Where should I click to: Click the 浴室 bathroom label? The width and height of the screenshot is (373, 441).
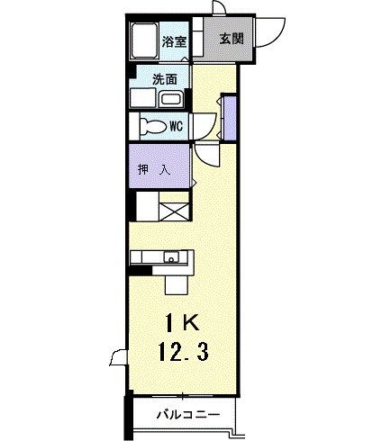[174, 41]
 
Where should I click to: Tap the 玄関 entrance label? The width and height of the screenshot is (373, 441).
[232, 39]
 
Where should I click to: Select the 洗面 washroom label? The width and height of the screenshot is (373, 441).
[165, 79]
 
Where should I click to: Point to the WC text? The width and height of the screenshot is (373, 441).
[177, 126]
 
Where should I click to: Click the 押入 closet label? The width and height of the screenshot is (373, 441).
[154, 170]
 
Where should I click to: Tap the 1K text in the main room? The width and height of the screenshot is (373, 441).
[182, 324]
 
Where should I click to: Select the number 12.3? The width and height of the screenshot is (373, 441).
[184, 352]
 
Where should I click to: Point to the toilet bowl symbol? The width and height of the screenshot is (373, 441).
[153, 126]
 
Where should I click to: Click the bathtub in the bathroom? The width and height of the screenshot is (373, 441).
[144, 41]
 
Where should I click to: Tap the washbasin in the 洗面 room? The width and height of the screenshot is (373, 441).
[171, 99]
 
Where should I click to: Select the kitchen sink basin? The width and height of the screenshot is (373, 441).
[171, 257]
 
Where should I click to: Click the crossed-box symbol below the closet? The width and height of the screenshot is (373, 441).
[174, 211]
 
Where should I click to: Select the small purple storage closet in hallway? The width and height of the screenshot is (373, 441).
[231, 118]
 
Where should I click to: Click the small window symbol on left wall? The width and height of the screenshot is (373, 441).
[119, 357]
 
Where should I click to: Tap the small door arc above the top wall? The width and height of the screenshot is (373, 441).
[219, 6]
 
